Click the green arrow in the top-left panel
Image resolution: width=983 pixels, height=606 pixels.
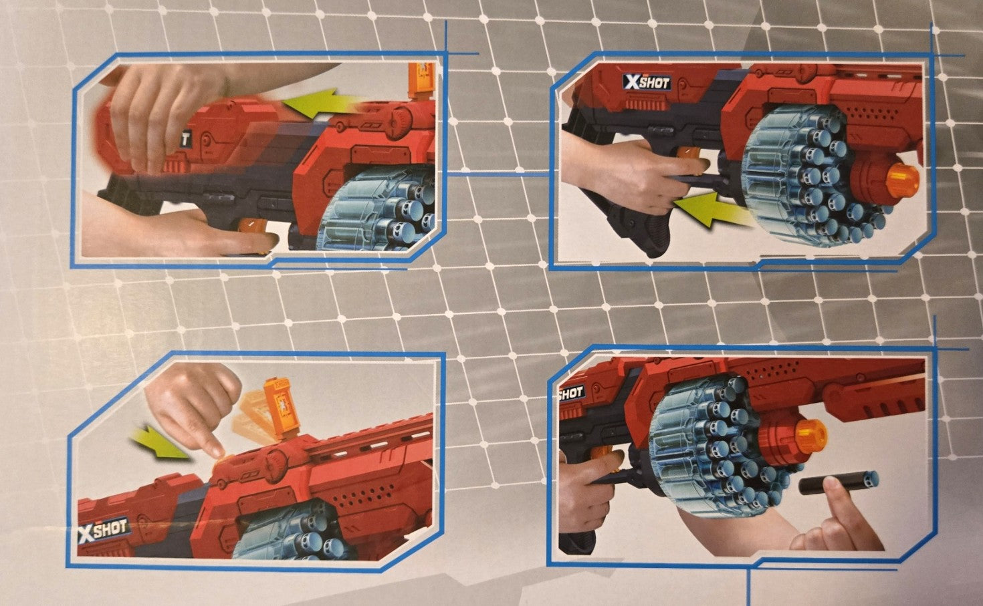tap(318, 104)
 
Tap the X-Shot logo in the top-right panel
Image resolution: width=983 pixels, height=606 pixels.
tap(646, 82)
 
